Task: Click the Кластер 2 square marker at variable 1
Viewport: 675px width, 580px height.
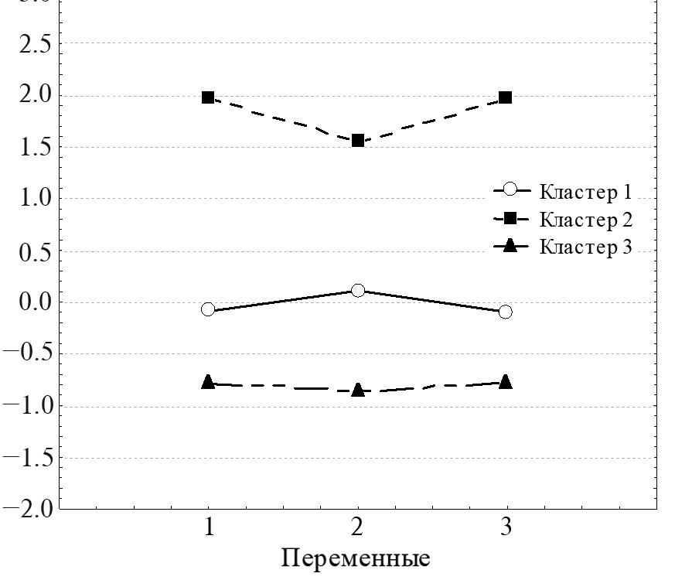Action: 208,97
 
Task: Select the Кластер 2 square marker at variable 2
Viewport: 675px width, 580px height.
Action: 358,141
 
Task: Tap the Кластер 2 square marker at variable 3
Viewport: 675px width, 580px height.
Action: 506,97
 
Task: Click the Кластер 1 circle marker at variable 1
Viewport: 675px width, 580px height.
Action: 208,309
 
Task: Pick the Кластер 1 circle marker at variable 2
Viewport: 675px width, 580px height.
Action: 358,291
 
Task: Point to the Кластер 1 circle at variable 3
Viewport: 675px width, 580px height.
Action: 506,312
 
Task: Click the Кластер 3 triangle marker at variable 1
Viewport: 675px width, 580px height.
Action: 208,382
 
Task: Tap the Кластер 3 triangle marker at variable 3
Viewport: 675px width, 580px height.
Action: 506,381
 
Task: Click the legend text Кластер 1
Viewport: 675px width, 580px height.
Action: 586,192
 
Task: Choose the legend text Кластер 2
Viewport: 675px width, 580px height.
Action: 586,220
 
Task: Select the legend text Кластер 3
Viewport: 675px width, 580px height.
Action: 586,247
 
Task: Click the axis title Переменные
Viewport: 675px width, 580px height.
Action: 355,558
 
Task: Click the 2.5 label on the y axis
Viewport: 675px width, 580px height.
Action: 33,44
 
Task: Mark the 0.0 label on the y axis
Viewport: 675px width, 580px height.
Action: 33,302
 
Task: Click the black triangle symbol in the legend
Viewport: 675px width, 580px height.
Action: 510,246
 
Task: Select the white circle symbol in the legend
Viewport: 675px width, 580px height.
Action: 510,189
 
